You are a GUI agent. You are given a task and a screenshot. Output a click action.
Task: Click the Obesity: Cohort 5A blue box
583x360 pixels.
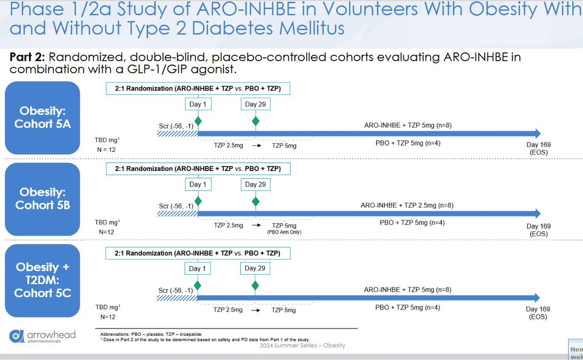pos(42,118)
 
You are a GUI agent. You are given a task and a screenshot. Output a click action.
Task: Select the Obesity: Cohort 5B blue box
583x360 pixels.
pos(42,199)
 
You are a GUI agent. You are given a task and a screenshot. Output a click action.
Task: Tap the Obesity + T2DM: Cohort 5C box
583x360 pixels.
pos(42,280)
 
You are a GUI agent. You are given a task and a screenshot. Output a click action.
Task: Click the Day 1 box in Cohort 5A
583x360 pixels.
pos(198,104)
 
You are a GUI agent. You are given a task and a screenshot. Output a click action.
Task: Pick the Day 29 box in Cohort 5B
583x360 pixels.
pos(255,184)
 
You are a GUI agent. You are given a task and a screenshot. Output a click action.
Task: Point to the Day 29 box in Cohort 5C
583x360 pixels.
pos(255,268)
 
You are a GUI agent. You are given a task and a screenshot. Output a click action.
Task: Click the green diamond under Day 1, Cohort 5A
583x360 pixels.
pos(198,121)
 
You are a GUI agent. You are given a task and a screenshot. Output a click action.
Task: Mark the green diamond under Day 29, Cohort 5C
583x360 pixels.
pos(255,285)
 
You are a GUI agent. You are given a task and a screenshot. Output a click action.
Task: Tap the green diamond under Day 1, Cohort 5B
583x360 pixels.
pos(198,201)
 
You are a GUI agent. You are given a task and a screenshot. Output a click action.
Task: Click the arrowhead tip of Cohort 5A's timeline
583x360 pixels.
pos(541,134)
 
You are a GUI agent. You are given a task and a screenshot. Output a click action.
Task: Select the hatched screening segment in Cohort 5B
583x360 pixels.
pos(177,214)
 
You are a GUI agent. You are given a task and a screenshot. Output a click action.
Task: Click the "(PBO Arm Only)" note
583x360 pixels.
pos(284,232)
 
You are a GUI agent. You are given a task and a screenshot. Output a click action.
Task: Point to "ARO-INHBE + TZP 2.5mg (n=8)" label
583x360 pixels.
pos(407,205)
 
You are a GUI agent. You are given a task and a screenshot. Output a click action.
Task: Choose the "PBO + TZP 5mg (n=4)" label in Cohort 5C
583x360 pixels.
pos(407,307)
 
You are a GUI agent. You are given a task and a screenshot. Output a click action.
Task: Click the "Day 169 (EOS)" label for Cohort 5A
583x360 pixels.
pos(538,149)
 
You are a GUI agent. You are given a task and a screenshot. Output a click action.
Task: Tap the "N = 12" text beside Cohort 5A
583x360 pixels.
pos(107,150)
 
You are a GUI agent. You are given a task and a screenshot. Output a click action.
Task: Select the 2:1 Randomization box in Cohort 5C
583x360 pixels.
pos(198,253)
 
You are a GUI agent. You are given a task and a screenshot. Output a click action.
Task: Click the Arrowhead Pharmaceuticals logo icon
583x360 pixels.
pos(17,336)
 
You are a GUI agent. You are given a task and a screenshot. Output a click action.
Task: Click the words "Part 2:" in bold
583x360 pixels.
pos(27,57)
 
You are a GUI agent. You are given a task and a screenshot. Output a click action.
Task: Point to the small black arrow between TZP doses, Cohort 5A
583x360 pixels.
pos(257,146)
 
